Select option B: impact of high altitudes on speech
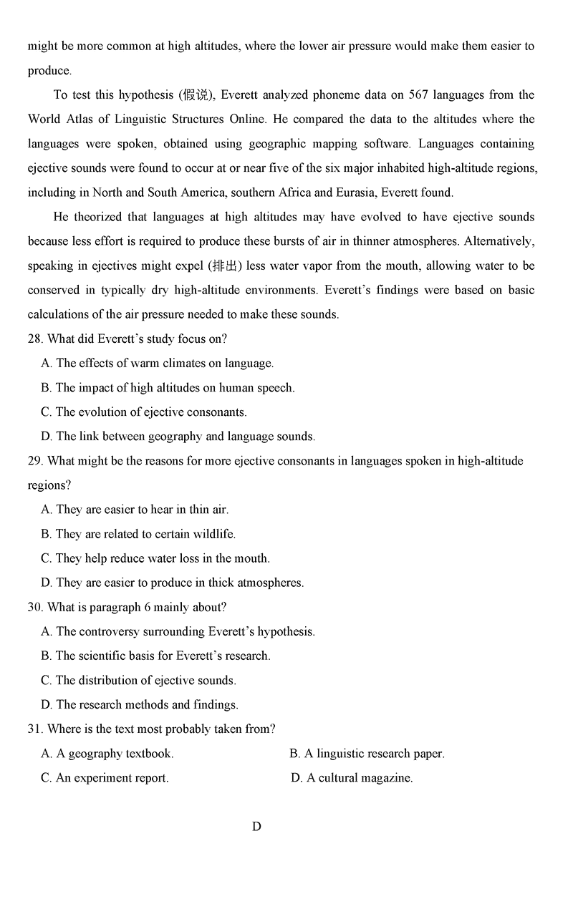(168, 387)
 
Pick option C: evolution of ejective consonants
(144, 412)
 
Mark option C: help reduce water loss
(155, 558)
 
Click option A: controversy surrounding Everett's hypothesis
(178, 631)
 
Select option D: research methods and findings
(140, 704)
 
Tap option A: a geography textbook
(107, 753)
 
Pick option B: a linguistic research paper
(367, 753)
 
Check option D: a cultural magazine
(352, 777)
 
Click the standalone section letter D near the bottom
(256, 827)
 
